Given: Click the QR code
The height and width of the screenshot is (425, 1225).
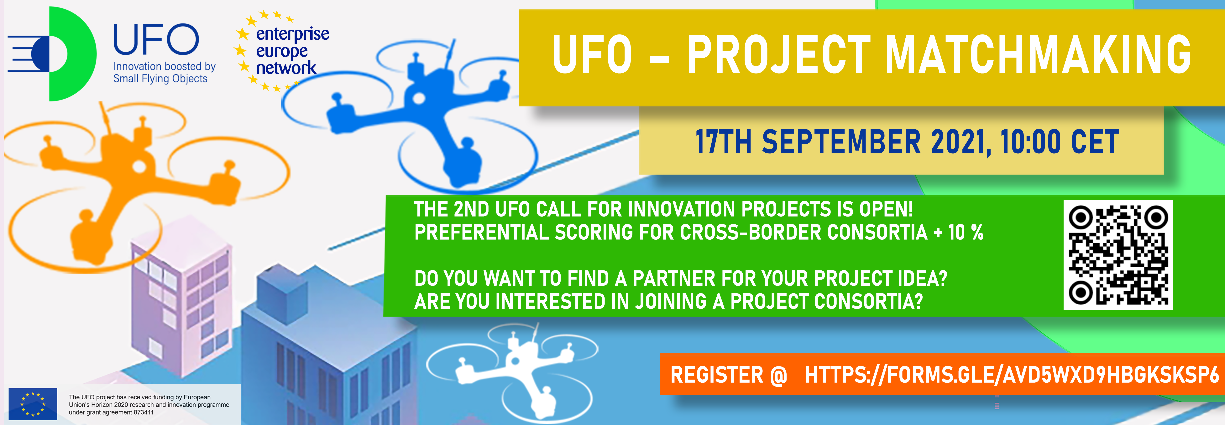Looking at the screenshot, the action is pos(1118,255).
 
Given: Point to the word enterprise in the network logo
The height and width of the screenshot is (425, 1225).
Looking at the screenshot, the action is pos(292,34).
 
